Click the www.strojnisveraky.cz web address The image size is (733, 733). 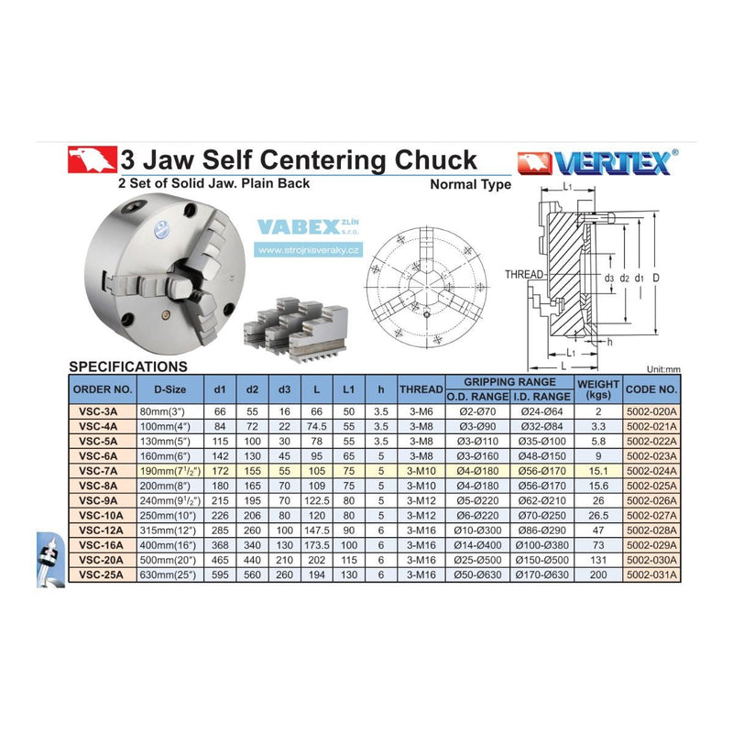309,250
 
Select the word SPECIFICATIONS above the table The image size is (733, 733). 128,366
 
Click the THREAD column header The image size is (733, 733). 421,388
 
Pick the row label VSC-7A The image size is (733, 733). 98,471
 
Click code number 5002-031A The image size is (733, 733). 651,574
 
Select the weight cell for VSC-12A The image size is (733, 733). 598,531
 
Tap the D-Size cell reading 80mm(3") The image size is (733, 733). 163,411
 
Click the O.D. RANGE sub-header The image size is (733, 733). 477,397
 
